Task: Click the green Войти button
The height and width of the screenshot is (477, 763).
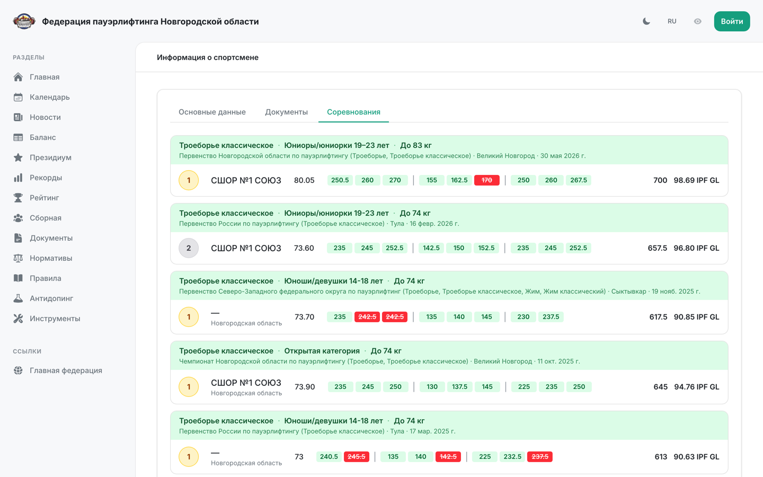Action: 732,21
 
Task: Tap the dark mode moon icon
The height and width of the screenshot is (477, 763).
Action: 646,21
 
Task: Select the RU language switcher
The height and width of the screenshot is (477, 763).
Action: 672,21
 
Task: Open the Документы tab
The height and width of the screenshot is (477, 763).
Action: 286,112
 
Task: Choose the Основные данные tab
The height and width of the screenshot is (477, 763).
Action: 212,112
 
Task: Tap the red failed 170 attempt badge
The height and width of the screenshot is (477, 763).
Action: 486,180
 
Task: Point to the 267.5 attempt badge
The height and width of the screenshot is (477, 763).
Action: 579,180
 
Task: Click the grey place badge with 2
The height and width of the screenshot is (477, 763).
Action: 189,248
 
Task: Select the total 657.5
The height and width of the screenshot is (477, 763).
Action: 657,248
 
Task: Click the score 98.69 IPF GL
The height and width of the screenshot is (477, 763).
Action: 696,180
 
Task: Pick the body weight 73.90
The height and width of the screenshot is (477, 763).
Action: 305,387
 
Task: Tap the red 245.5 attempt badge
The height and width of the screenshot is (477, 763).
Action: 356,456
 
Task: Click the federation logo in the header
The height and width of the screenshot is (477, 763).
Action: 24,21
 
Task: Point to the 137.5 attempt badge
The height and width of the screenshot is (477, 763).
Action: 459,387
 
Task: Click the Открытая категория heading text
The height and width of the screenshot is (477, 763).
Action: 322,351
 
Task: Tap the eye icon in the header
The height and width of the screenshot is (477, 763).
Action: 697,21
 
